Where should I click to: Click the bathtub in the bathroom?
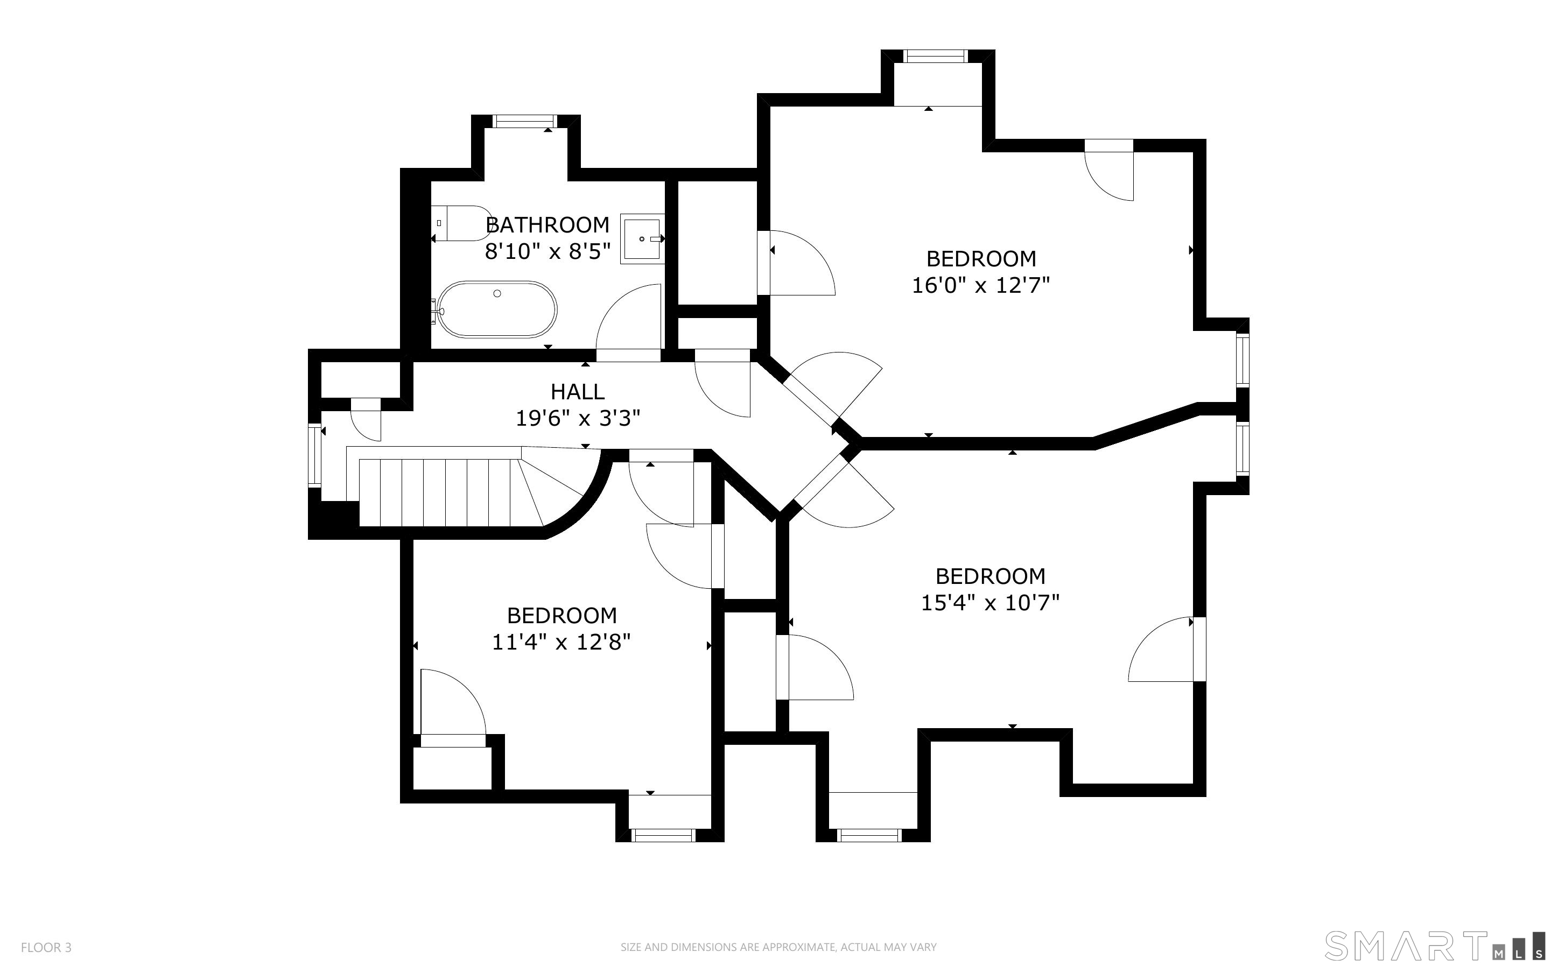pos(496,309)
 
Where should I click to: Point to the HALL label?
pos(577,391)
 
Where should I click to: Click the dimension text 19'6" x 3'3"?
pos(577,419)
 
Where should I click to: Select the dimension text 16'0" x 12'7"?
pos(981,285)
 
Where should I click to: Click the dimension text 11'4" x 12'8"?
pos(561,642)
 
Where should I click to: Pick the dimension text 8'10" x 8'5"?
pos(547,252)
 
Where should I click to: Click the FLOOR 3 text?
pos(46,947)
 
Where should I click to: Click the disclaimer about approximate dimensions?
pos(778,947)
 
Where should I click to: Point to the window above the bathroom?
pos(524,122)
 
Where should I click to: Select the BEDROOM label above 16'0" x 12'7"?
pos(981,259)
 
